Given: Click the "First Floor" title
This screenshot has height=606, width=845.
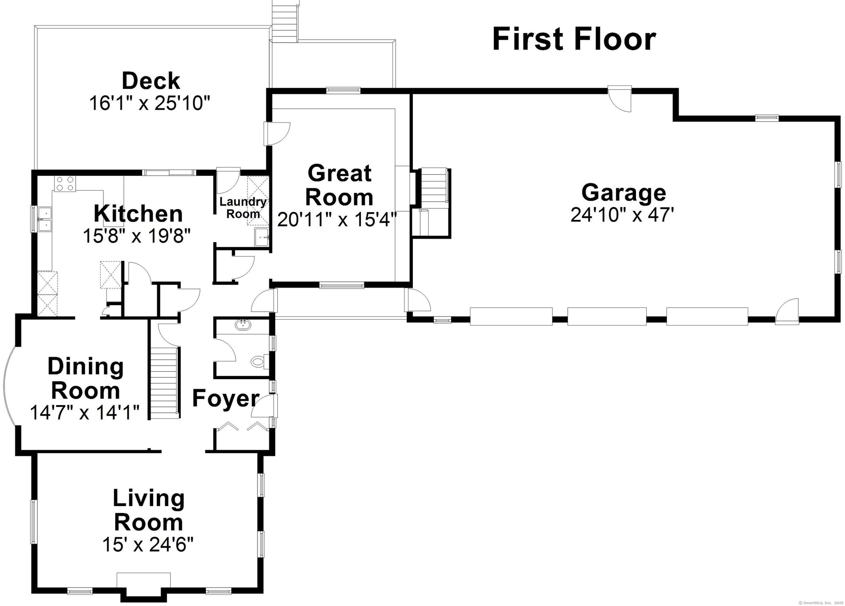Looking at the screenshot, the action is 574,39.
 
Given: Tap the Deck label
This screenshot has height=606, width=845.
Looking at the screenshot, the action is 151,81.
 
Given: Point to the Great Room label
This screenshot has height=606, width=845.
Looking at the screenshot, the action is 339,185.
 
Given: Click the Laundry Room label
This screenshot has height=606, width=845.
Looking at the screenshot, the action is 243,208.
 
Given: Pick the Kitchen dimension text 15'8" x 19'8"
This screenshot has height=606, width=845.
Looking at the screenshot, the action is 137,236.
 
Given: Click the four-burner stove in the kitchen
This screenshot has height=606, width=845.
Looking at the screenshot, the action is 65,183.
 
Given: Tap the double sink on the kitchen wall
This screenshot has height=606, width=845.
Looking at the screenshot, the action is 44,219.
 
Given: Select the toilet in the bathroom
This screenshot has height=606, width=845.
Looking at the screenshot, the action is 260,362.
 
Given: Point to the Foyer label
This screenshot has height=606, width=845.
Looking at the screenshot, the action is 225,399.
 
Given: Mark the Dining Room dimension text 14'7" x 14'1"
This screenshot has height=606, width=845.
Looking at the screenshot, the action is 84,413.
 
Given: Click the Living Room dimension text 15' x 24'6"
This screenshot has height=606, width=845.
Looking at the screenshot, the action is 148,545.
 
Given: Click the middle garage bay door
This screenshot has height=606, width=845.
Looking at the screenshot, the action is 607,316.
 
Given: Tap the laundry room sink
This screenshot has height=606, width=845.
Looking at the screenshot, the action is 262,237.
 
